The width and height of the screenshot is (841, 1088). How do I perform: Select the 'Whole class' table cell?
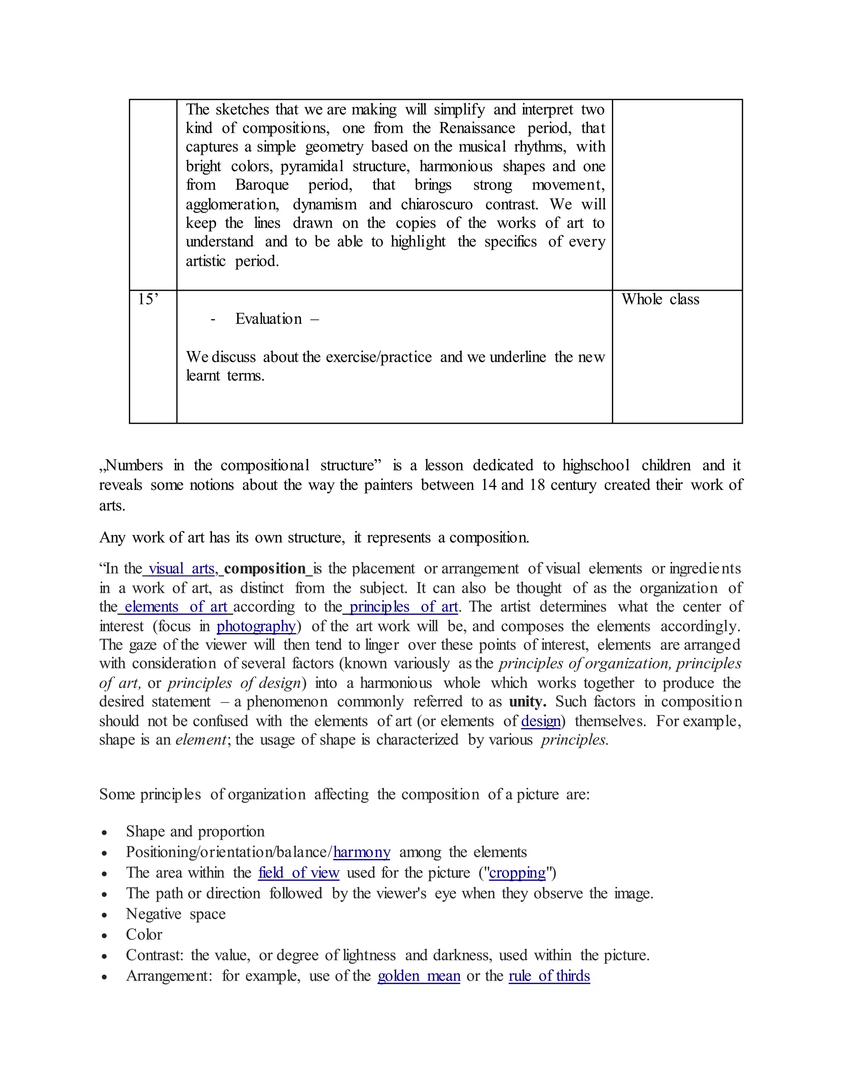pyautogui.click(x=660, y=299)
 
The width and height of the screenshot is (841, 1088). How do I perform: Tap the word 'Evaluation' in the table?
pyautogui.click(x=269, y=319)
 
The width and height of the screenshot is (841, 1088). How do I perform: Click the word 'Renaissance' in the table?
pyautogui.click(x=477, y=128)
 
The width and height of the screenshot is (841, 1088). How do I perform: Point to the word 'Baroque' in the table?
pyautogui.click(x=262, y=185)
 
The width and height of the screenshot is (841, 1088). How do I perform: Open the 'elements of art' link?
pyautogui.click(x=176, y=607)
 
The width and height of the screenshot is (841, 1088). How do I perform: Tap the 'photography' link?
pyautogui.click(x=256, y=626)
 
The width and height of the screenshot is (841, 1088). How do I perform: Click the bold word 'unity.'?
pyautogui.click(x=527, y=702)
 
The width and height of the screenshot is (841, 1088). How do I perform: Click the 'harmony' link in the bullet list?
pyautogui.click(x=362, y=852)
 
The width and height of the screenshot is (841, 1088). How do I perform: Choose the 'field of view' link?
pyautogui.click(x=299, y=873)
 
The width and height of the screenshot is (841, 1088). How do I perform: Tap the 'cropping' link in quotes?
pyautogui.click(x=517, y=873)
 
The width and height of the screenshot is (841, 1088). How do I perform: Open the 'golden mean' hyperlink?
pyautogui.click(x=418, y=976)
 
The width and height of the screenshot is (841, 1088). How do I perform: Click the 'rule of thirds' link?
pyautogui.click(x=549, y=976)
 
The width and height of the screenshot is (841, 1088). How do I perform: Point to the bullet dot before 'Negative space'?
pyautogui.click(x=104, y=915)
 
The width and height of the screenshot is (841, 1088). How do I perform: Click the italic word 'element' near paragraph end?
pyautogui.click(x=200, y=740)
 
